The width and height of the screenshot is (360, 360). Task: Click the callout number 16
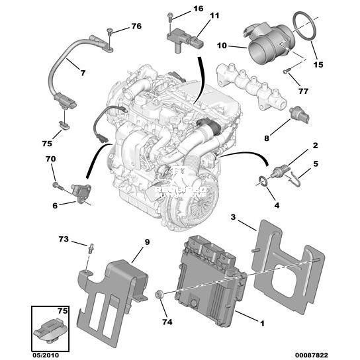199,9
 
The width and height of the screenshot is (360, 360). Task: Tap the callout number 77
303,91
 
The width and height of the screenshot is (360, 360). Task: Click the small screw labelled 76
109,32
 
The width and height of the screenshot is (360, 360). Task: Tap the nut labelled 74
159,294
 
